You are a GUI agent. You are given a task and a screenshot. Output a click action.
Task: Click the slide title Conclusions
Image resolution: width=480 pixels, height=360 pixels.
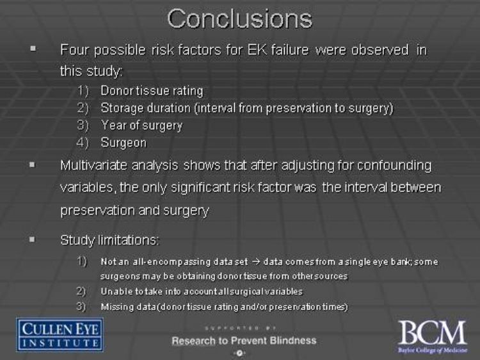pos(240,19)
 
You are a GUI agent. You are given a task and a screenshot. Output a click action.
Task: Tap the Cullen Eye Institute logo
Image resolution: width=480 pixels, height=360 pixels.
pos(60,334)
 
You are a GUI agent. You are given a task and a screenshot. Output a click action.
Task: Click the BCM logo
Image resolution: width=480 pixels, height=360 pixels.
pos(433,336)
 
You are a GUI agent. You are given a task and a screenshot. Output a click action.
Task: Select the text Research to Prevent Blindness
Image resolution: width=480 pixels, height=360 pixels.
pos(244,340)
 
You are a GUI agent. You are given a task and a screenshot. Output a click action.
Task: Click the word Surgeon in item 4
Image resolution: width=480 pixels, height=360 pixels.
pos(124,143)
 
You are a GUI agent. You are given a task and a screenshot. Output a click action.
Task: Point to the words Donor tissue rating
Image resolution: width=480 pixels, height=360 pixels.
pos(152,91)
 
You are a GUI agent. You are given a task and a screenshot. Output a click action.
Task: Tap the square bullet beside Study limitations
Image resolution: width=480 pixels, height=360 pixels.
pos(32,239)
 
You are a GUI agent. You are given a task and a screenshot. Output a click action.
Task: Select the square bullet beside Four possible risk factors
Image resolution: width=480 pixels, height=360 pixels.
pos(33,49)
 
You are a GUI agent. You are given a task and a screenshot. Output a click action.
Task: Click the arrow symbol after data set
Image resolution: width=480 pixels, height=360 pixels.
pos(256,262)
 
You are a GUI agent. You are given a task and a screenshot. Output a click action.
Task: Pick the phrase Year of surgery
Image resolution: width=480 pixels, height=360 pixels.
pos(141,126)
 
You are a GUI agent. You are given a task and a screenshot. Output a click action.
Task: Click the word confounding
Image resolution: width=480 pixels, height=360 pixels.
pos(394,166)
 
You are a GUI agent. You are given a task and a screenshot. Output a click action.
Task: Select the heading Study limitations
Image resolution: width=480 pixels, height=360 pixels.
pos(110,240)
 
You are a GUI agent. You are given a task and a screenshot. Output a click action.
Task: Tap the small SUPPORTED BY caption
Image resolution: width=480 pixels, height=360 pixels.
pos(241,328)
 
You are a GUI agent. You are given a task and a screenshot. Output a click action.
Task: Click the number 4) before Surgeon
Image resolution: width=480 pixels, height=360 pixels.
pos(83,143)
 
